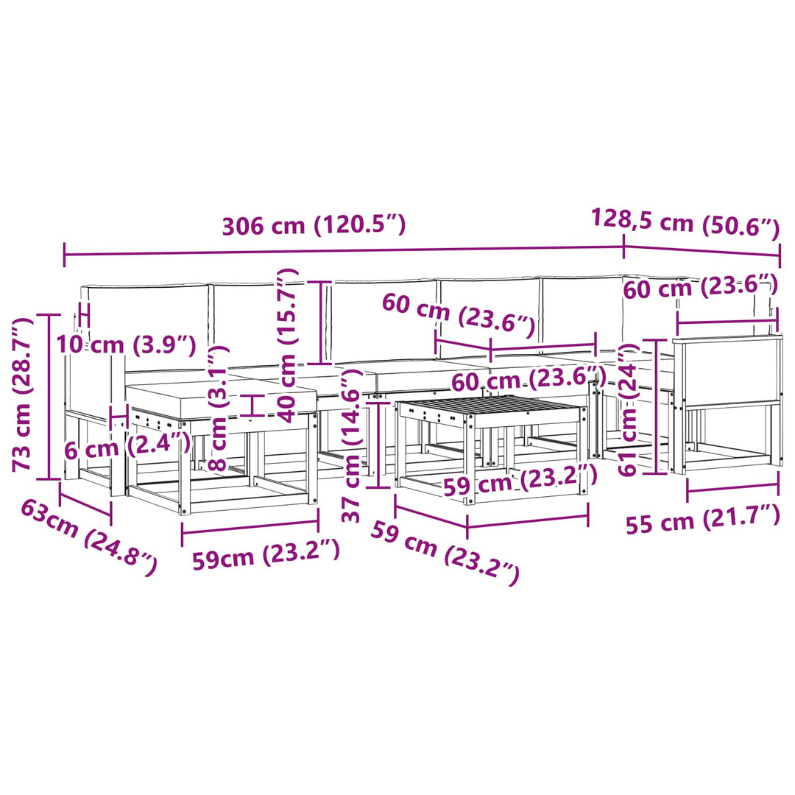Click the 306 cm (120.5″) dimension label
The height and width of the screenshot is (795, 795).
point(314,226)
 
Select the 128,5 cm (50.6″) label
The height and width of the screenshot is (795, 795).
point(685,224)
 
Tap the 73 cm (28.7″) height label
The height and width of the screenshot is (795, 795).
point(23,395)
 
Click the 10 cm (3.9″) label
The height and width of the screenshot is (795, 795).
point(126,344)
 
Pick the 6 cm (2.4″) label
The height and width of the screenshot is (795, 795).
point(127,448)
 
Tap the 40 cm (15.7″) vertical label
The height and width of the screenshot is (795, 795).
point(288,346)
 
